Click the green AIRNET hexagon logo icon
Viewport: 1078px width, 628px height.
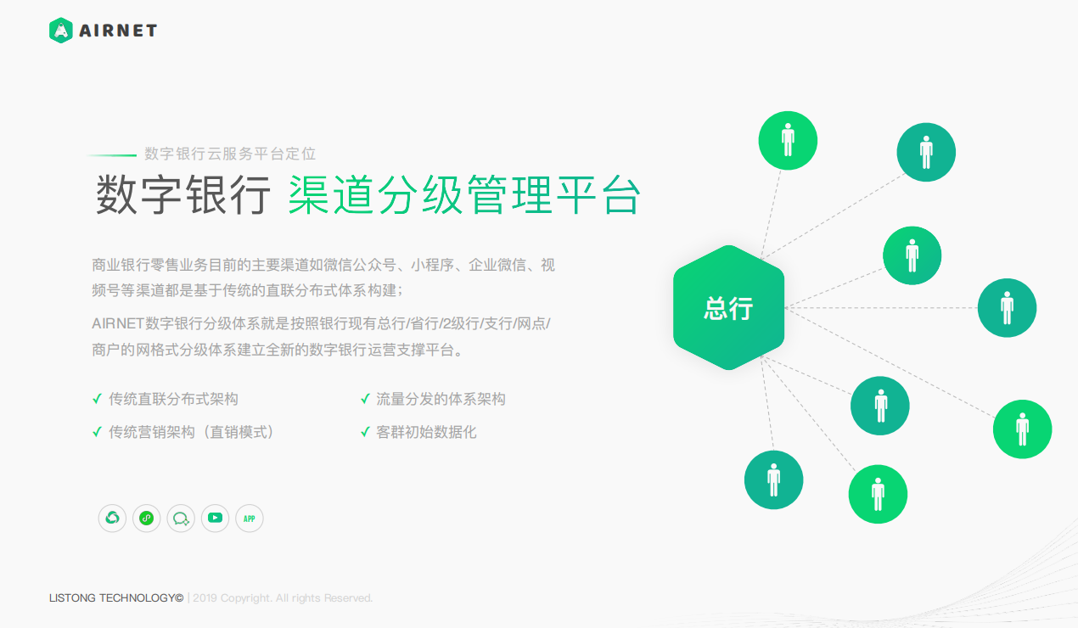tap(61, 31)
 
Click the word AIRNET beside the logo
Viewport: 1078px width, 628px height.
tap(118, 31)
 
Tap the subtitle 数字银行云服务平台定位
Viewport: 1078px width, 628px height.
tap(230, 154)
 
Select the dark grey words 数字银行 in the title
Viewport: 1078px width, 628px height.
tap(182, 195)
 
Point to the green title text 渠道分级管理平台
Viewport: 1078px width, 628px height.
tap(464, 195)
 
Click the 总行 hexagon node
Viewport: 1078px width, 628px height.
tap(728, 307)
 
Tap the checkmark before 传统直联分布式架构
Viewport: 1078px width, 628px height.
tap(98, 399)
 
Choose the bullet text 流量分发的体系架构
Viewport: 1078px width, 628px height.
tap(441, 399)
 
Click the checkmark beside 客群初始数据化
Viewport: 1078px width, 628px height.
tap(365, 432)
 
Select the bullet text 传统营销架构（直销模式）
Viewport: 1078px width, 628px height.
tap(192, 432)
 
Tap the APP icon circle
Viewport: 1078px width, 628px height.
tap(250, 519)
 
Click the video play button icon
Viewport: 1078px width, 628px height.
tap(215, 518)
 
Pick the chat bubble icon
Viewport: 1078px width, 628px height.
tap(181, 519)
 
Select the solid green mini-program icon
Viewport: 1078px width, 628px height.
tap(146, 519)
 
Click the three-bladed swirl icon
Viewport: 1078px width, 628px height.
tap(112, 519)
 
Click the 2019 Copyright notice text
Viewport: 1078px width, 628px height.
tap(283, 598)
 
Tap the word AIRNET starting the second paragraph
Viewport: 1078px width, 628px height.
tap(118, 323)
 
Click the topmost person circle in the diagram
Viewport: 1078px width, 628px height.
tap(788, 141)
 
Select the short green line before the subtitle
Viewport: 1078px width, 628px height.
tap(112, 155)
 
